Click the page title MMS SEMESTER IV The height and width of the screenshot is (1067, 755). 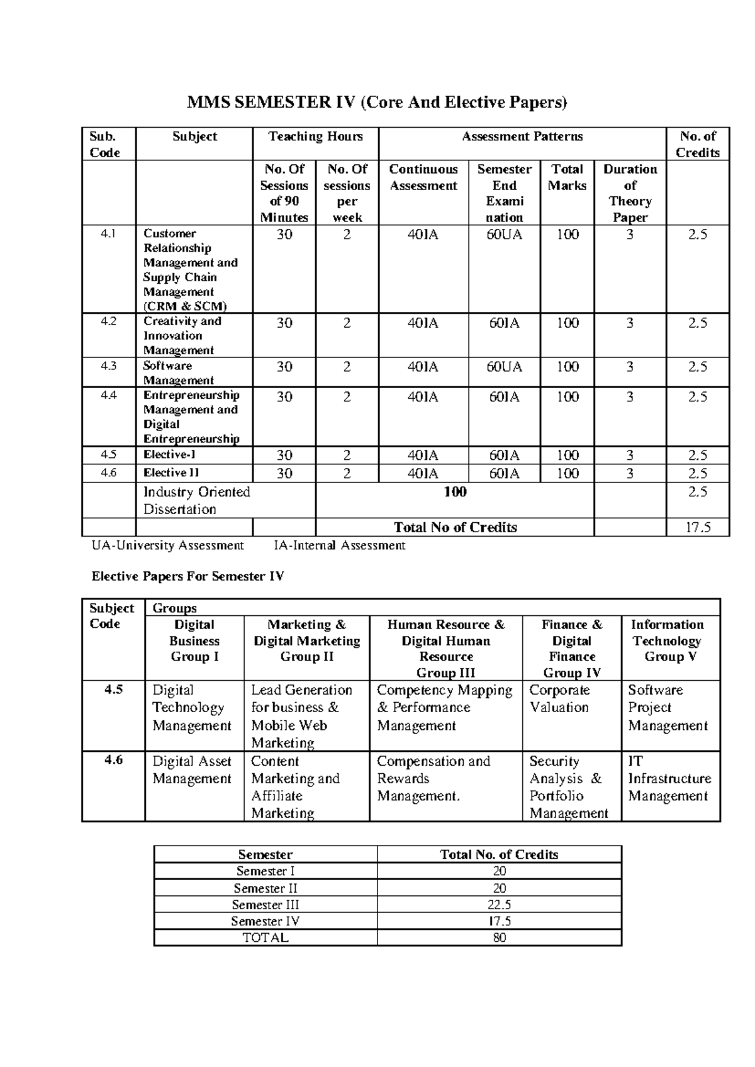click(x=376, y=103)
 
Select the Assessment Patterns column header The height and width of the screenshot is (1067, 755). click(x=522, y=137)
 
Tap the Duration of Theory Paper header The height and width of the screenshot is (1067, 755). click(x=630, y=193)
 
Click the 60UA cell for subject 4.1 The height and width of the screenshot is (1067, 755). click(x=504, y=235)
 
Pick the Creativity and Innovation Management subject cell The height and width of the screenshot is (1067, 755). click(x=182, y=335)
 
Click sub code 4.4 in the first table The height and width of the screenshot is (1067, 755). click(x=109, y=396)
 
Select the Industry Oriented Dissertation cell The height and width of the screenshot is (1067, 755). click(x=197, y=500)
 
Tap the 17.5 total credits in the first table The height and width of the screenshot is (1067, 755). click(x=697, y=527)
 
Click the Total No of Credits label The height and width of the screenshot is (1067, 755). click(x=455, y=527)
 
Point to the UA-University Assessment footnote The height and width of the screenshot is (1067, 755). click(x=167, y=545)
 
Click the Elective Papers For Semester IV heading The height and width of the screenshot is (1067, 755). click(x=187, y=576)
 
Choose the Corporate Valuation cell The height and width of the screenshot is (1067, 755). click(x=559, y=698)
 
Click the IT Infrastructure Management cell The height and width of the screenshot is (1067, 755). click(x=669, y=778)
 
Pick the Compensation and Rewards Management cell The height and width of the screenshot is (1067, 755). click(x=433, y=778)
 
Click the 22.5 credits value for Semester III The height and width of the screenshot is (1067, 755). click(x=499, y=905)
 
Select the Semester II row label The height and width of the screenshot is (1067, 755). click(x=265, y=888)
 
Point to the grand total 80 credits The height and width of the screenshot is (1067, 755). click(x=499, y=937)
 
